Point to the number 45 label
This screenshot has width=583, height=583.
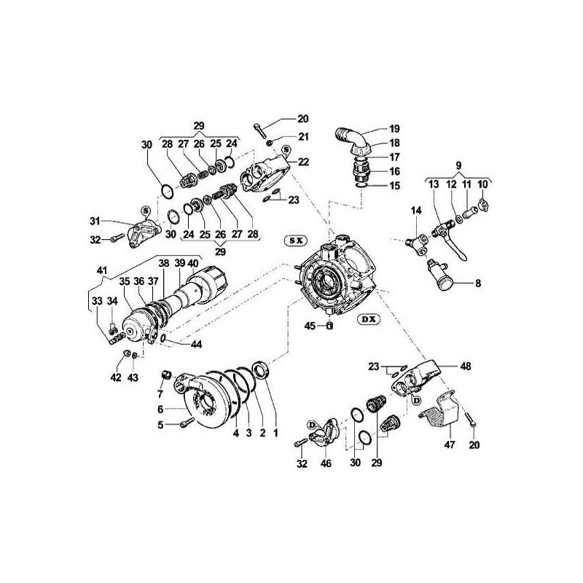point(310,325)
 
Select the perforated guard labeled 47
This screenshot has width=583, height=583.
point(437,414)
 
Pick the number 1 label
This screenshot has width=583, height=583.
point(276,433)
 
